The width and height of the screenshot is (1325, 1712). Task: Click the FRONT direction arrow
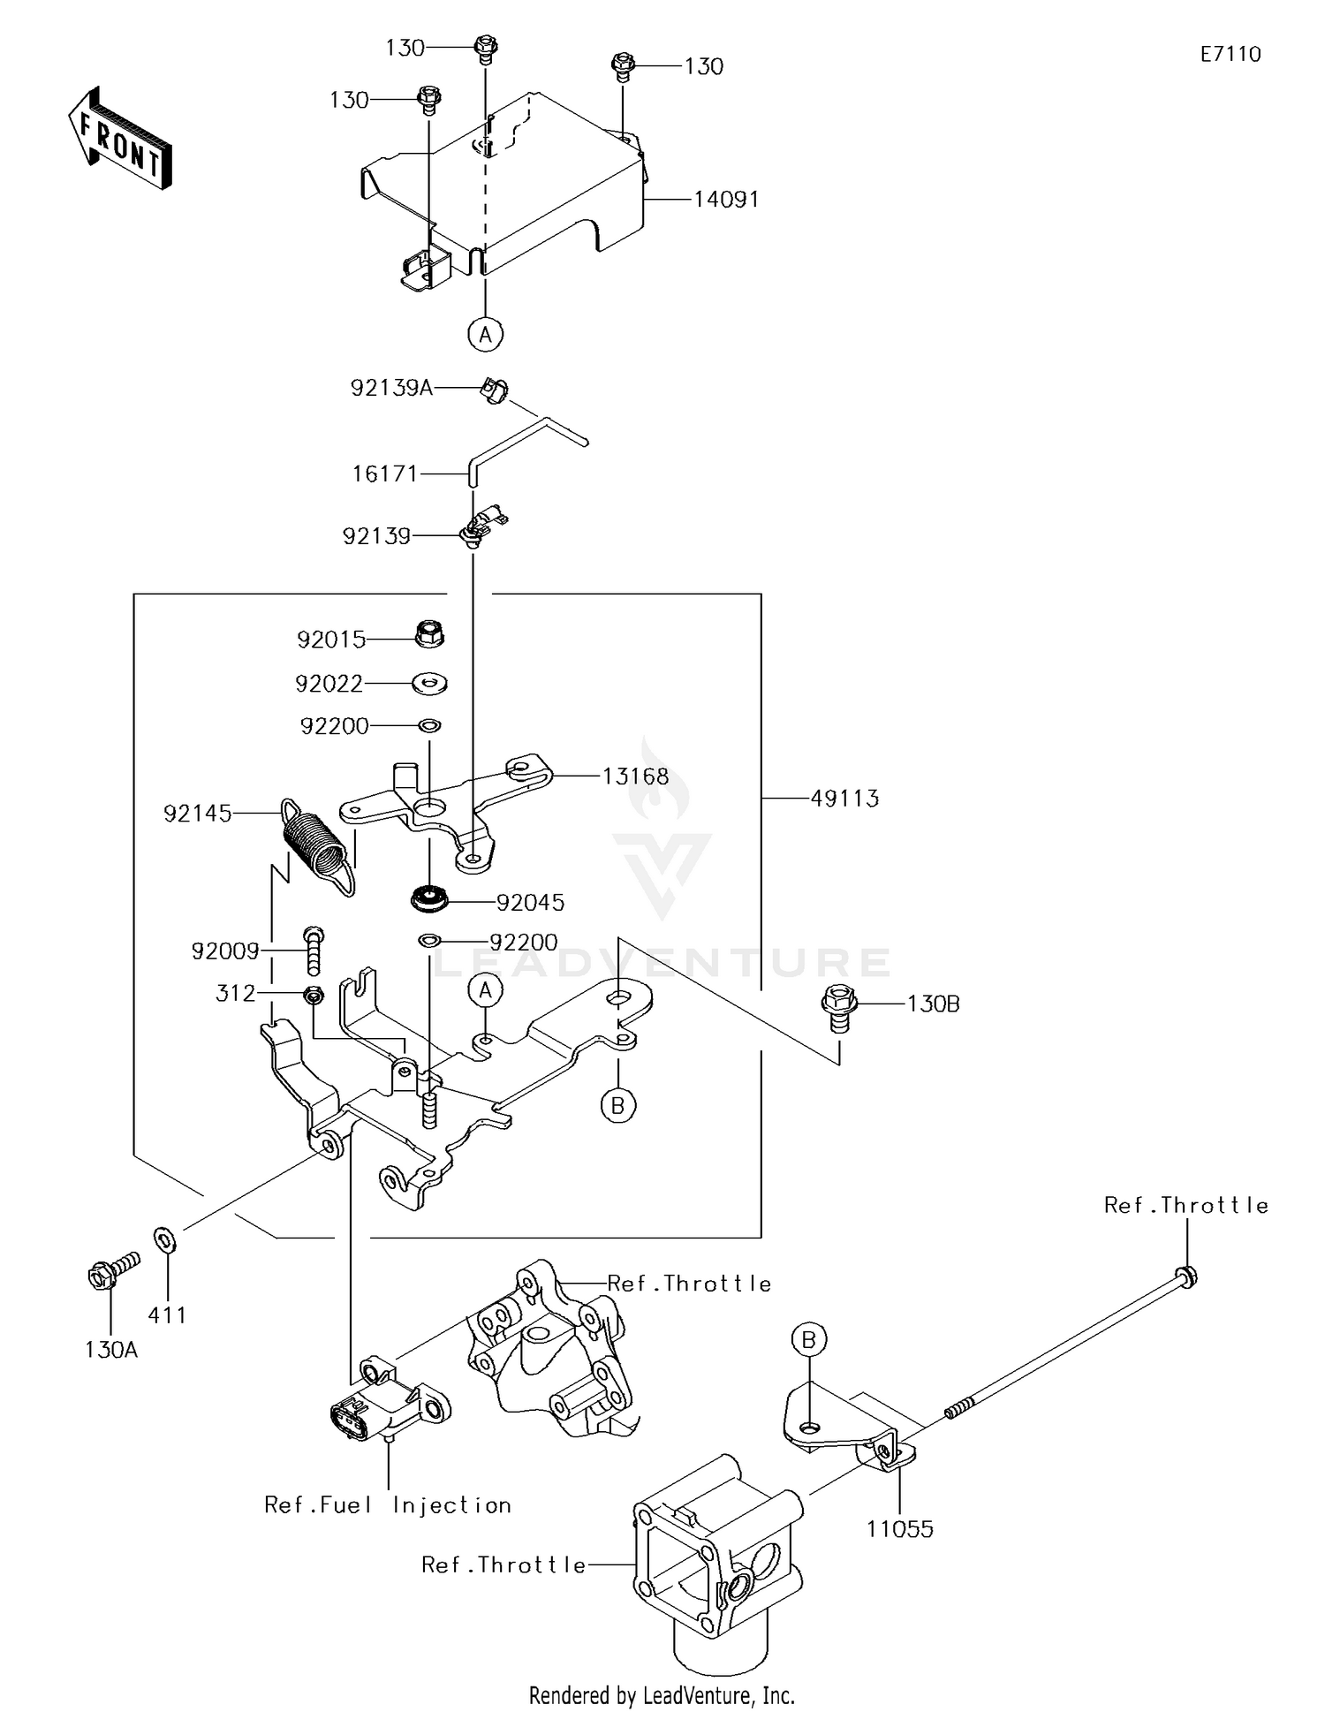(x=119, y=139)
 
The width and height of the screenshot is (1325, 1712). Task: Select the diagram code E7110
(x=1230, y=55)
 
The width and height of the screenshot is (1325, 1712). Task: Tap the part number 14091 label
(x=726, y=200)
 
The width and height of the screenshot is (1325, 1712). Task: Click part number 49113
(x=845, y=799)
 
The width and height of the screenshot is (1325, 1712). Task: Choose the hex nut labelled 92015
(x=429, y=633)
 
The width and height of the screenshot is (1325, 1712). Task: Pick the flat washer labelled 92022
(x=429, y=683)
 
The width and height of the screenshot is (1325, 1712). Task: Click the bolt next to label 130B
(x=839, y=1008)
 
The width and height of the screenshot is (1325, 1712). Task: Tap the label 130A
(x=111, y=1350)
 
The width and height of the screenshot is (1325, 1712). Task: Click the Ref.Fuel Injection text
(x=388, y=1505)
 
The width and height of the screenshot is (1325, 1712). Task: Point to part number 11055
(x=900, y=1529)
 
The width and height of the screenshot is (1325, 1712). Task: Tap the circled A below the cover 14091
(x=485, y=335)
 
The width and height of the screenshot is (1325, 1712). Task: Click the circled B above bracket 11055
(x=808, y=1341)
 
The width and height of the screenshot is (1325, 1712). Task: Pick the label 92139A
(x=392, y=387)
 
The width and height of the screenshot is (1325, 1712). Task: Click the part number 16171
(x=385, y=474)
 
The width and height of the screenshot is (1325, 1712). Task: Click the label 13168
(x=636, y=777)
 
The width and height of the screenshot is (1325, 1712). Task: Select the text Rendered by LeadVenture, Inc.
(x=662, y=1695)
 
